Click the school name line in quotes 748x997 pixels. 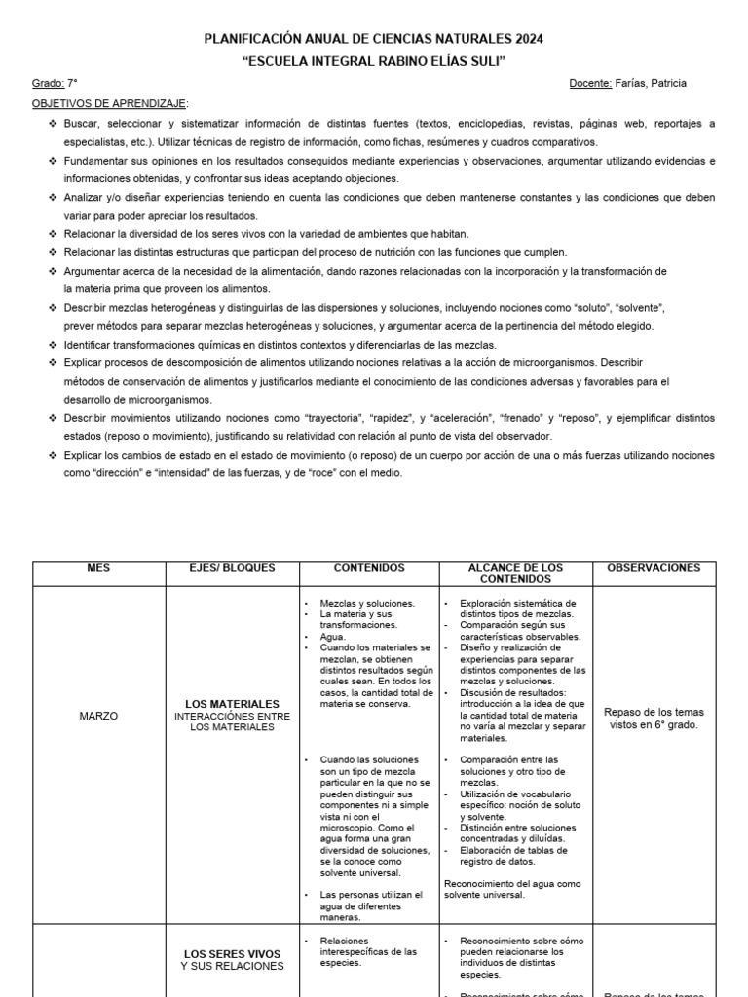click(373, 61)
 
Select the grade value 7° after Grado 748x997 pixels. click(73, 84)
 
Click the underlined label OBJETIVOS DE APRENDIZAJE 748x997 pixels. click(110, 103)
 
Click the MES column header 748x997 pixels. click(99, 568)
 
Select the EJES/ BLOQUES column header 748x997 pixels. click(233, 568)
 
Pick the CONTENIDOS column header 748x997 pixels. click(369, 568)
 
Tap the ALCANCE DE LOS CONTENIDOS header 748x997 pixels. click(515, 573)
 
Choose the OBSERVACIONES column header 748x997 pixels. click(654, 568)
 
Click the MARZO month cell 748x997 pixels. click(98, 716)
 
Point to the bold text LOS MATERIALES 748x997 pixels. click(233, 704)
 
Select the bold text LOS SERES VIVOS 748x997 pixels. click(233, 954)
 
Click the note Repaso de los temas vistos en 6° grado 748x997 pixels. click(653, 719)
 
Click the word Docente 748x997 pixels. click(590, 84)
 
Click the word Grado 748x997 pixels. click(48, 84)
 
